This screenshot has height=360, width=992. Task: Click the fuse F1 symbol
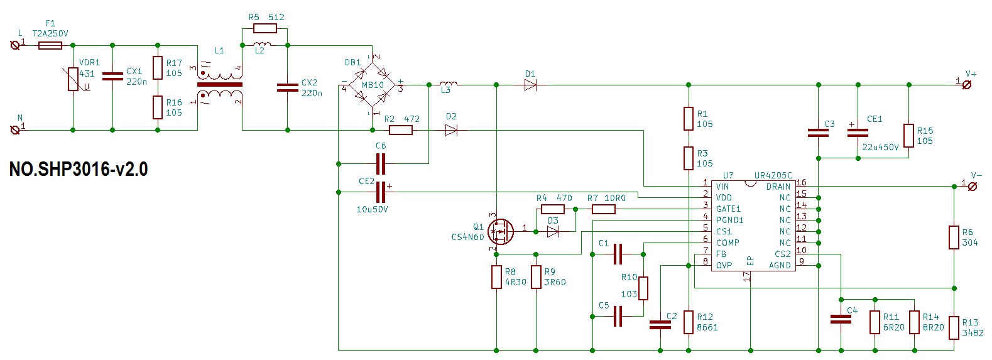pos(50,45)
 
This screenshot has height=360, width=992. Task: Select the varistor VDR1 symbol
pos(73,79)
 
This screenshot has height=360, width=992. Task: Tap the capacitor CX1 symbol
pos(112,76)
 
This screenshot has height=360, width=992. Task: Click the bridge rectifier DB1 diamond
pos(372,85)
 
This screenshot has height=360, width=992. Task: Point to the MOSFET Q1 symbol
pos(501,232)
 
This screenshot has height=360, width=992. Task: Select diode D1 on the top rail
pos(530,85)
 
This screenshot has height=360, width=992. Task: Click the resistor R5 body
pos(265,28)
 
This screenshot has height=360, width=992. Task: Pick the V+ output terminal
pos(967,85)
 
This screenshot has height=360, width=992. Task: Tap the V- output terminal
pos(973,187)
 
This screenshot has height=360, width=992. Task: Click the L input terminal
pos(15,45)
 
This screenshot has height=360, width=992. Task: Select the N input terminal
pos(15,130)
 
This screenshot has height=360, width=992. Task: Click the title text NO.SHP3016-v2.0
pos(79,169)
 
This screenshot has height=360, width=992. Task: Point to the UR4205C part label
pos(773,175)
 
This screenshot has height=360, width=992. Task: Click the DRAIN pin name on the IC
pos(778,187)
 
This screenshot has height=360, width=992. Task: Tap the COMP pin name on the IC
pos(728,243)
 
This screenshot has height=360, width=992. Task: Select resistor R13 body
pos(954,328)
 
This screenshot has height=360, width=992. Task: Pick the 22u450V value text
pos(880,147)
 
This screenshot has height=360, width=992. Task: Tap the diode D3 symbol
pos(553,232)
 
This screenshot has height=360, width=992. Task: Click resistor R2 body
pos(401,130)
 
